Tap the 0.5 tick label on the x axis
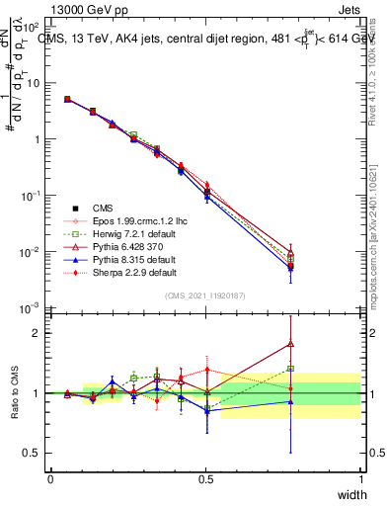205,478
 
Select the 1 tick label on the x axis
360,478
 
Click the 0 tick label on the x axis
50,478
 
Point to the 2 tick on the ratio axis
39,333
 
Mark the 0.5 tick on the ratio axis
34,455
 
